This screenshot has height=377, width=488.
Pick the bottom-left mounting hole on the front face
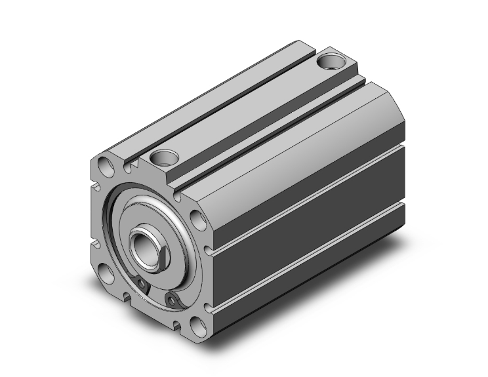pos(105,271)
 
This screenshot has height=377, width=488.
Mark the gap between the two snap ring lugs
pos(156,294)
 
